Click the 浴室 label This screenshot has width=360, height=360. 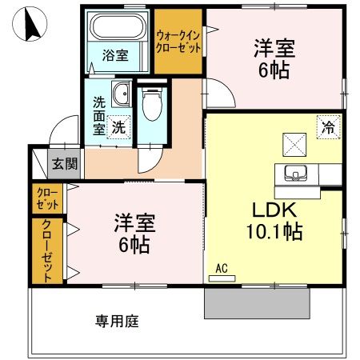point(115,56)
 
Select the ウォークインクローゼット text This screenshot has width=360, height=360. point(178,42)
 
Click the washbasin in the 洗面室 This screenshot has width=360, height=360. point(121,96)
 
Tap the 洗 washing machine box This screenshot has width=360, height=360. point(118,126)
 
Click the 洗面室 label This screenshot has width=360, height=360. point(99,115)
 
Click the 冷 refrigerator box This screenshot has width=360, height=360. point(327,126)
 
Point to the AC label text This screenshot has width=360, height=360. point(222,268)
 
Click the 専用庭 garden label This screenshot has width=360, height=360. point(118,322)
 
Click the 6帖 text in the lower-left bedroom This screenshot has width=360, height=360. point(134,242)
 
